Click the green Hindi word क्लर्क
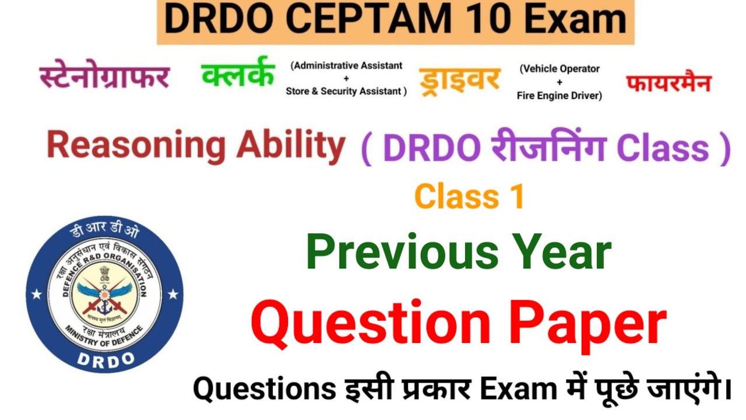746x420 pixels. (238, 73)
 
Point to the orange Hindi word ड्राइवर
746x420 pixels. (459, 79)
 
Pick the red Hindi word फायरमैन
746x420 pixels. (669, 82)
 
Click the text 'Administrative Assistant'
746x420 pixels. (347, 65)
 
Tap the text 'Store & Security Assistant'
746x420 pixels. (345, 91)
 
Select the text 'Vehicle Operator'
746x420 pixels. (559, 69)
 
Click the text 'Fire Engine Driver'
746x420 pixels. (559, 95)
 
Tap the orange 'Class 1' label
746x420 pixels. (469, 197)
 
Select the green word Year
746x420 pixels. (562, 252)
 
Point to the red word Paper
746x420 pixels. (587, 324)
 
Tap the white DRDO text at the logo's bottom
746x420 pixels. (105, 358)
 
